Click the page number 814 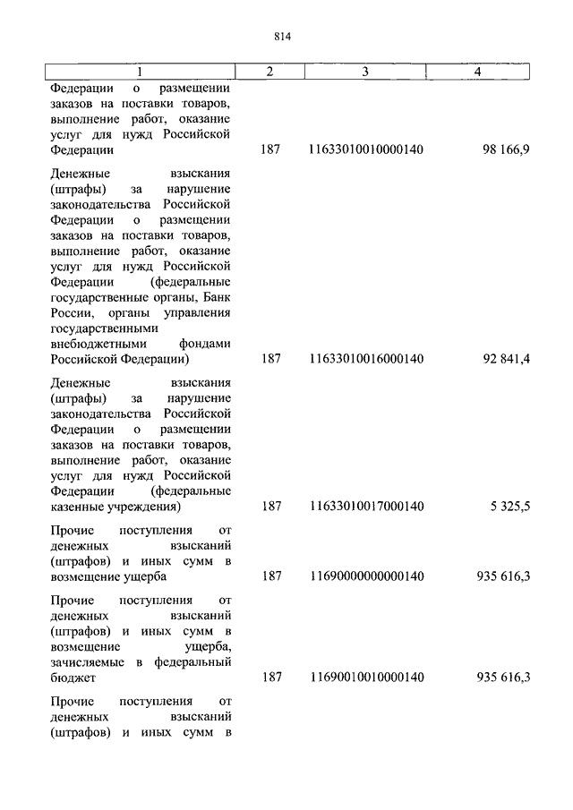pyautogui.click(x=286, y=37)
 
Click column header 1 pyautogui.click(x=140, y=71)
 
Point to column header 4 pyautogui.click(x=478, y=71)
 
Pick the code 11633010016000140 pyautogui.click(x=365, y=359)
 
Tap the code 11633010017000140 pyautogui.click(x=365, y=507)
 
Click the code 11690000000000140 pyautogui.click(x=365, y=576)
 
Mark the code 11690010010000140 pyautogui.click(x=365, y=678)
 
